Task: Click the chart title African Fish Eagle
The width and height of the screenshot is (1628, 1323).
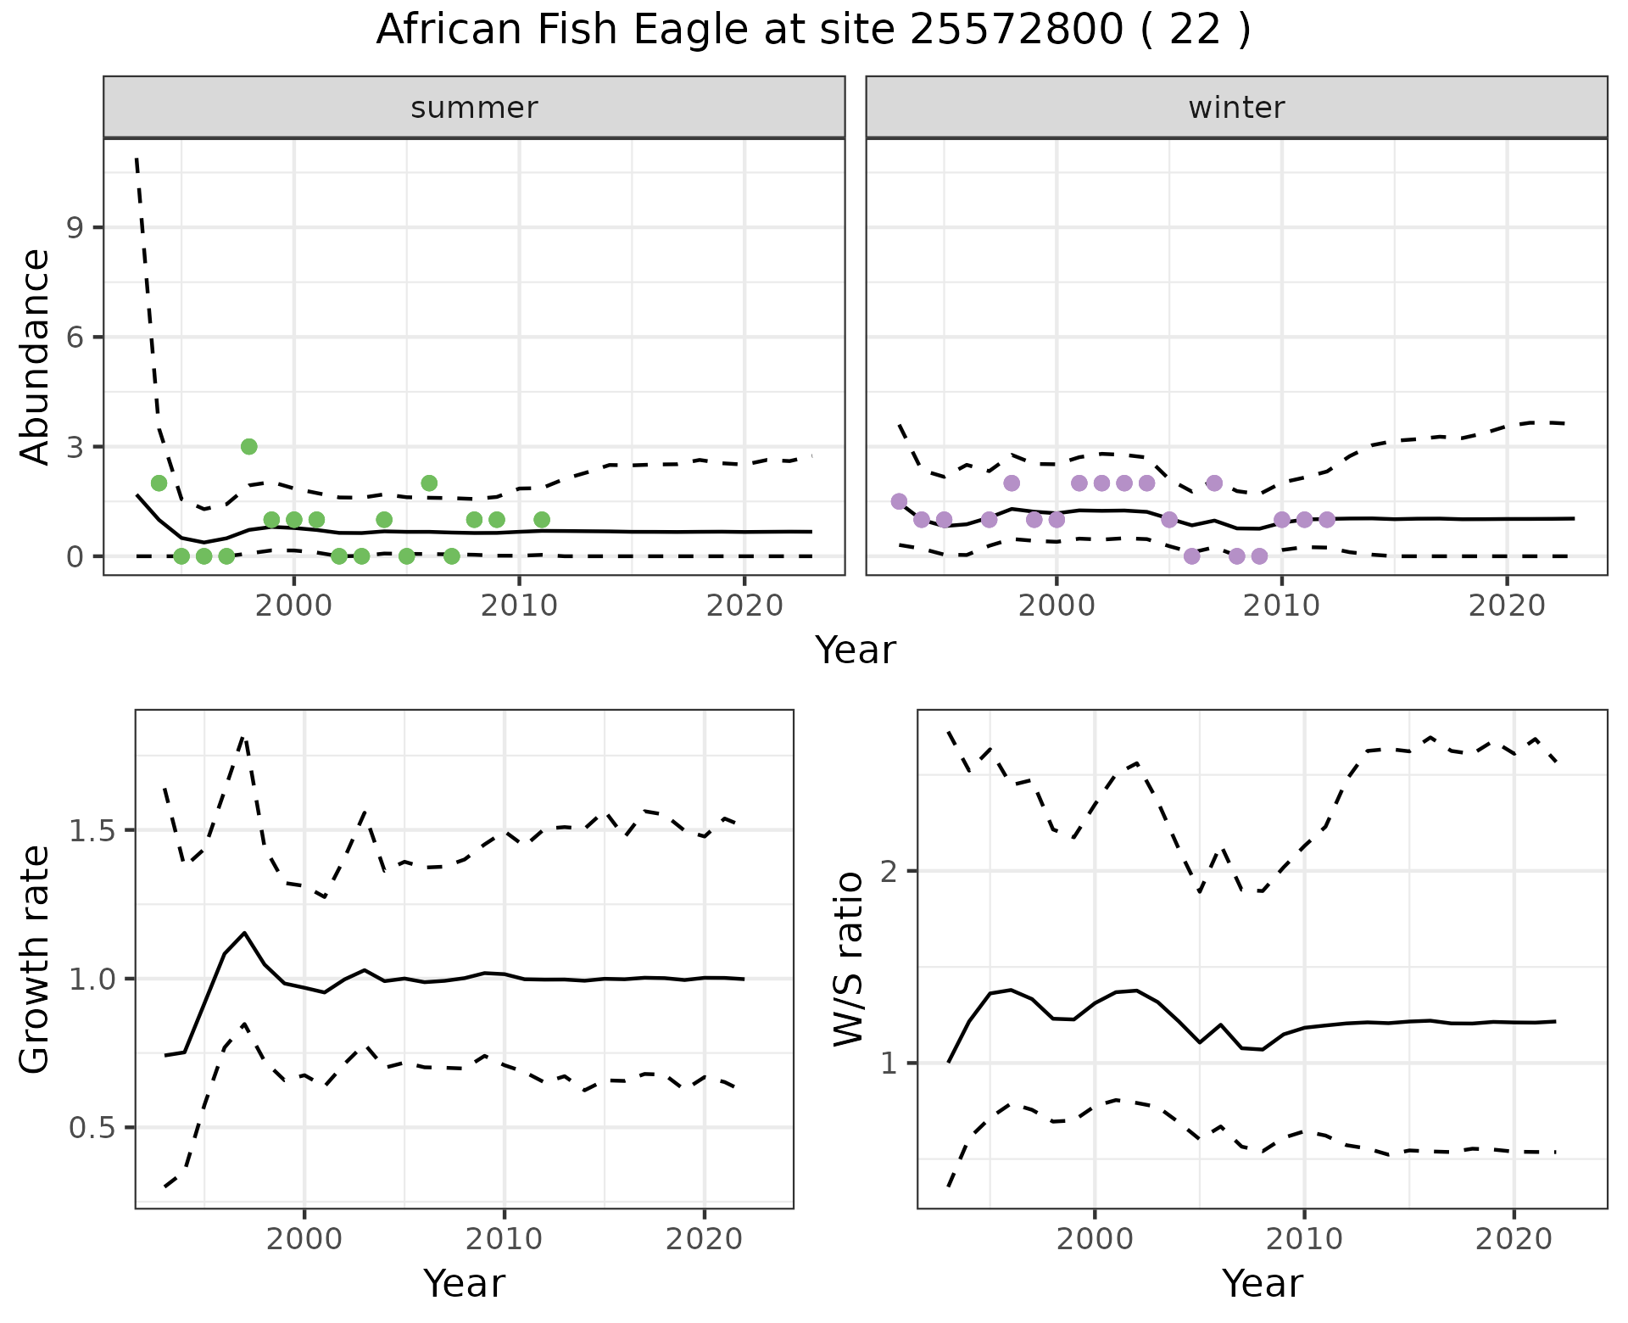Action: tap(813, 31)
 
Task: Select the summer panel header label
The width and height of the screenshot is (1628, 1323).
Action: tap(474, 108)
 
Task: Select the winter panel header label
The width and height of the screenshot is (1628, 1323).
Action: tap(1236, 108)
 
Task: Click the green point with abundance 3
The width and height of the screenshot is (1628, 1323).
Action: tap(248, 447)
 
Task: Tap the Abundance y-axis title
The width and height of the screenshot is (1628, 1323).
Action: tap(35, 356)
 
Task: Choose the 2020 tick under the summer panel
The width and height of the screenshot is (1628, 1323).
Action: tap(744, 606)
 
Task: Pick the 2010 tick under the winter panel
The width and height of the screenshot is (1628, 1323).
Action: tap(1281, 606)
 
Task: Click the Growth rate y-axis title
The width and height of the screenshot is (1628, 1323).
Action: tap(35, 959)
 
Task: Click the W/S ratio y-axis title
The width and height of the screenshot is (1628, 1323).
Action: tap(848, 959)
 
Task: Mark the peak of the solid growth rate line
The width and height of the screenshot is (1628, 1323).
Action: tap(245, 933)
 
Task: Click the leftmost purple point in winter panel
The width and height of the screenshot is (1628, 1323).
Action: tap(899, 501)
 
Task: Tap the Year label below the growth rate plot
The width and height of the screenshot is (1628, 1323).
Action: tap(464, 1283)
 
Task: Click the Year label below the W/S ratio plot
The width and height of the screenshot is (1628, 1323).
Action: tap(1262, 1283)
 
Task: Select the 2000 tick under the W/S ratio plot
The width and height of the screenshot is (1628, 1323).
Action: tap(1094, 1239)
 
